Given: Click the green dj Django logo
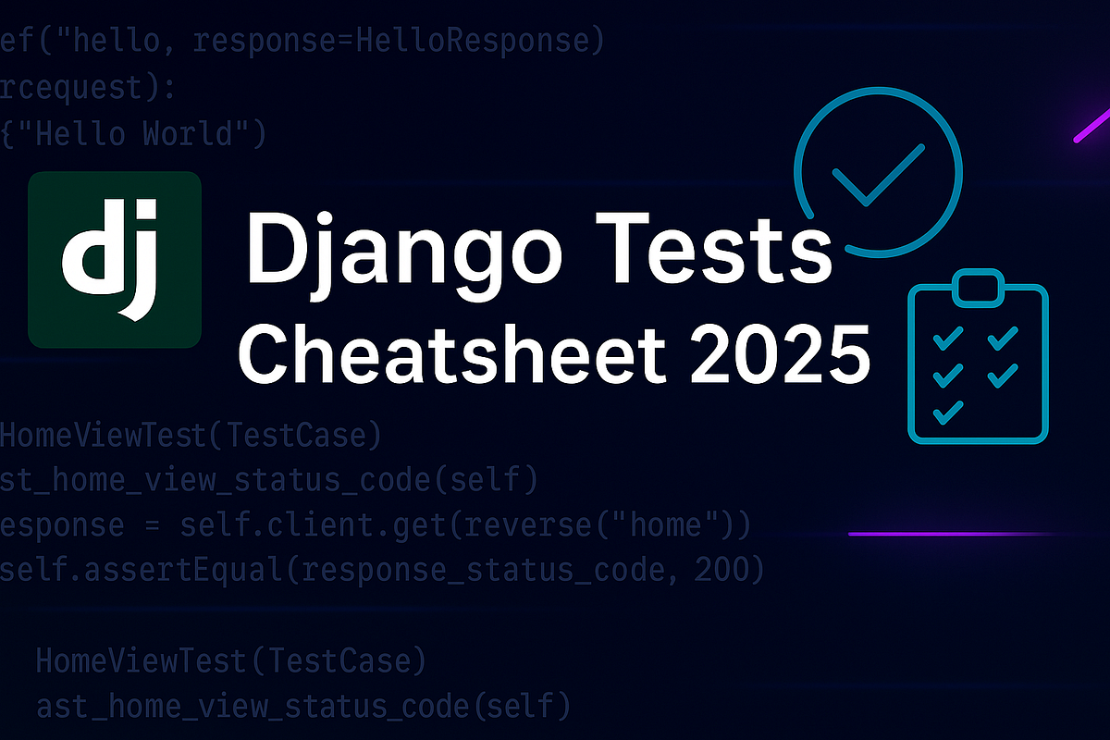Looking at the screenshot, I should (x=115, y=260).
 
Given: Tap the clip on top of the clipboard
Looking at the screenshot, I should (x=978, y=286).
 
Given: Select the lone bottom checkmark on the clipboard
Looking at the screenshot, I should (x=946, y=411).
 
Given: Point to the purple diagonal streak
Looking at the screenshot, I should (x=1091, y=129).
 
